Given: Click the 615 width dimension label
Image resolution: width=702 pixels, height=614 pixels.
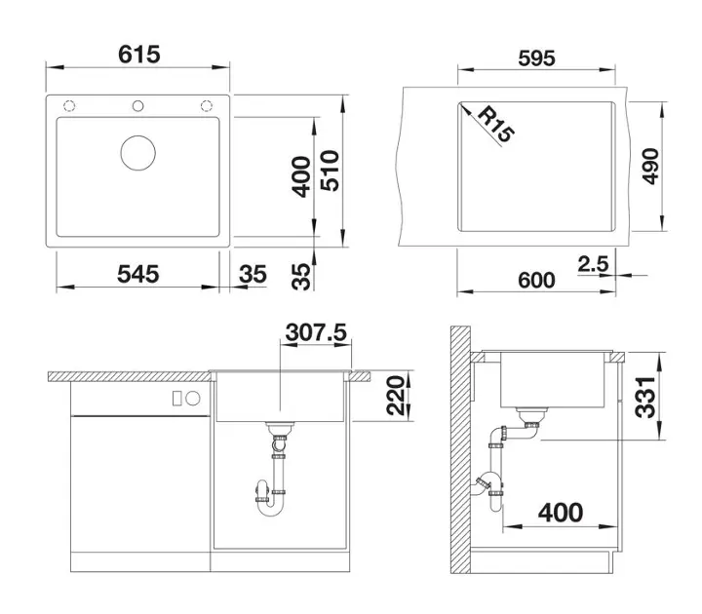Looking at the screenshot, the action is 138,55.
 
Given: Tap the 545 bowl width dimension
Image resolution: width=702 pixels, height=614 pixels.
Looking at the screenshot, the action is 137,274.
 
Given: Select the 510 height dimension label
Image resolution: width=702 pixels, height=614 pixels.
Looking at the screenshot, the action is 331,171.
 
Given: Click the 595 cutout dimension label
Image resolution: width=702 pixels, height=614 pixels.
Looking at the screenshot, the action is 536,58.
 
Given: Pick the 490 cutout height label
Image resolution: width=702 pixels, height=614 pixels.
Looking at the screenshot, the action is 650,166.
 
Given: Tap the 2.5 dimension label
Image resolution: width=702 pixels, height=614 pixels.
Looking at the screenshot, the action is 593,264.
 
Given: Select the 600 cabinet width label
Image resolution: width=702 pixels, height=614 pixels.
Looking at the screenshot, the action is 536,281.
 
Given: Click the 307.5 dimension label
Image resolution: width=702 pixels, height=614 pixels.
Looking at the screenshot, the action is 316,332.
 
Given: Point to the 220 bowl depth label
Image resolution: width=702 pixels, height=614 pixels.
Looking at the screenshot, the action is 396,396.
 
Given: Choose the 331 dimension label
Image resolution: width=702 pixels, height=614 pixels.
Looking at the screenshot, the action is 645,397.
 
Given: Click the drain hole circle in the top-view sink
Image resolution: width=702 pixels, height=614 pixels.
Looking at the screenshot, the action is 137,153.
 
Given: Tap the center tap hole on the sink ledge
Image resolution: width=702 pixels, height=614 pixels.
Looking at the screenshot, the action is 137,106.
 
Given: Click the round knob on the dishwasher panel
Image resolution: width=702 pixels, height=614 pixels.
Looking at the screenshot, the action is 193,398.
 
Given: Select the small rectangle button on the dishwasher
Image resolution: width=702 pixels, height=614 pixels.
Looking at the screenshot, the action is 176,398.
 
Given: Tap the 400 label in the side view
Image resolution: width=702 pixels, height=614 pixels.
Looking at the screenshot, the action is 561,513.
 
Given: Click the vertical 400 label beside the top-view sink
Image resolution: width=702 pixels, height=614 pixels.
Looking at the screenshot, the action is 301,176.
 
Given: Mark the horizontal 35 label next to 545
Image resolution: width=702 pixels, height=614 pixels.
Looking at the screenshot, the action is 253,274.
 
